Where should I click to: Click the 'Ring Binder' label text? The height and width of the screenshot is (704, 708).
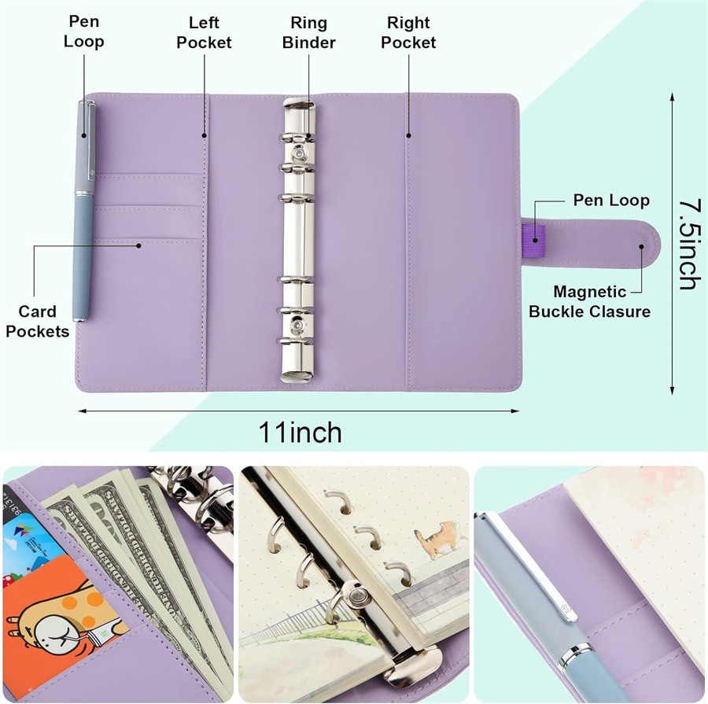[x=308, y=32]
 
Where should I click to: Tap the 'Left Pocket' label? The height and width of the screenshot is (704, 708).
[x=204, y=32]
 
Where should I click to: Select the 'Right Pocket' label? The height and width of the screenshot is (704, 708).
[x=408, y=32]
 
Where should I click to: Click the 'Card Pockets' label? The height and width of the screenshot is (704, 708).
[x=37, y=321]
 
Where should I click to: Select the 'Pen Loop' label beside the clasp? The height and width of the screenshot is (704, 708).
[x=611, y=200]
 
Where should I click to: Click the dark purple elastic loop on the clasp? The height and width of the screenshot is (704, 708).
[x=533, y=234]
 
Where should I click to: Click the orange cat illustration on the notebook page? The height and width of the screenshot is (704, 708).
[x=441, y=542]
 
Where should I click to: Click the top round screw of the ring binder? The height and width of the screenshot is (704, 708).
[x=299, y=151]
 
